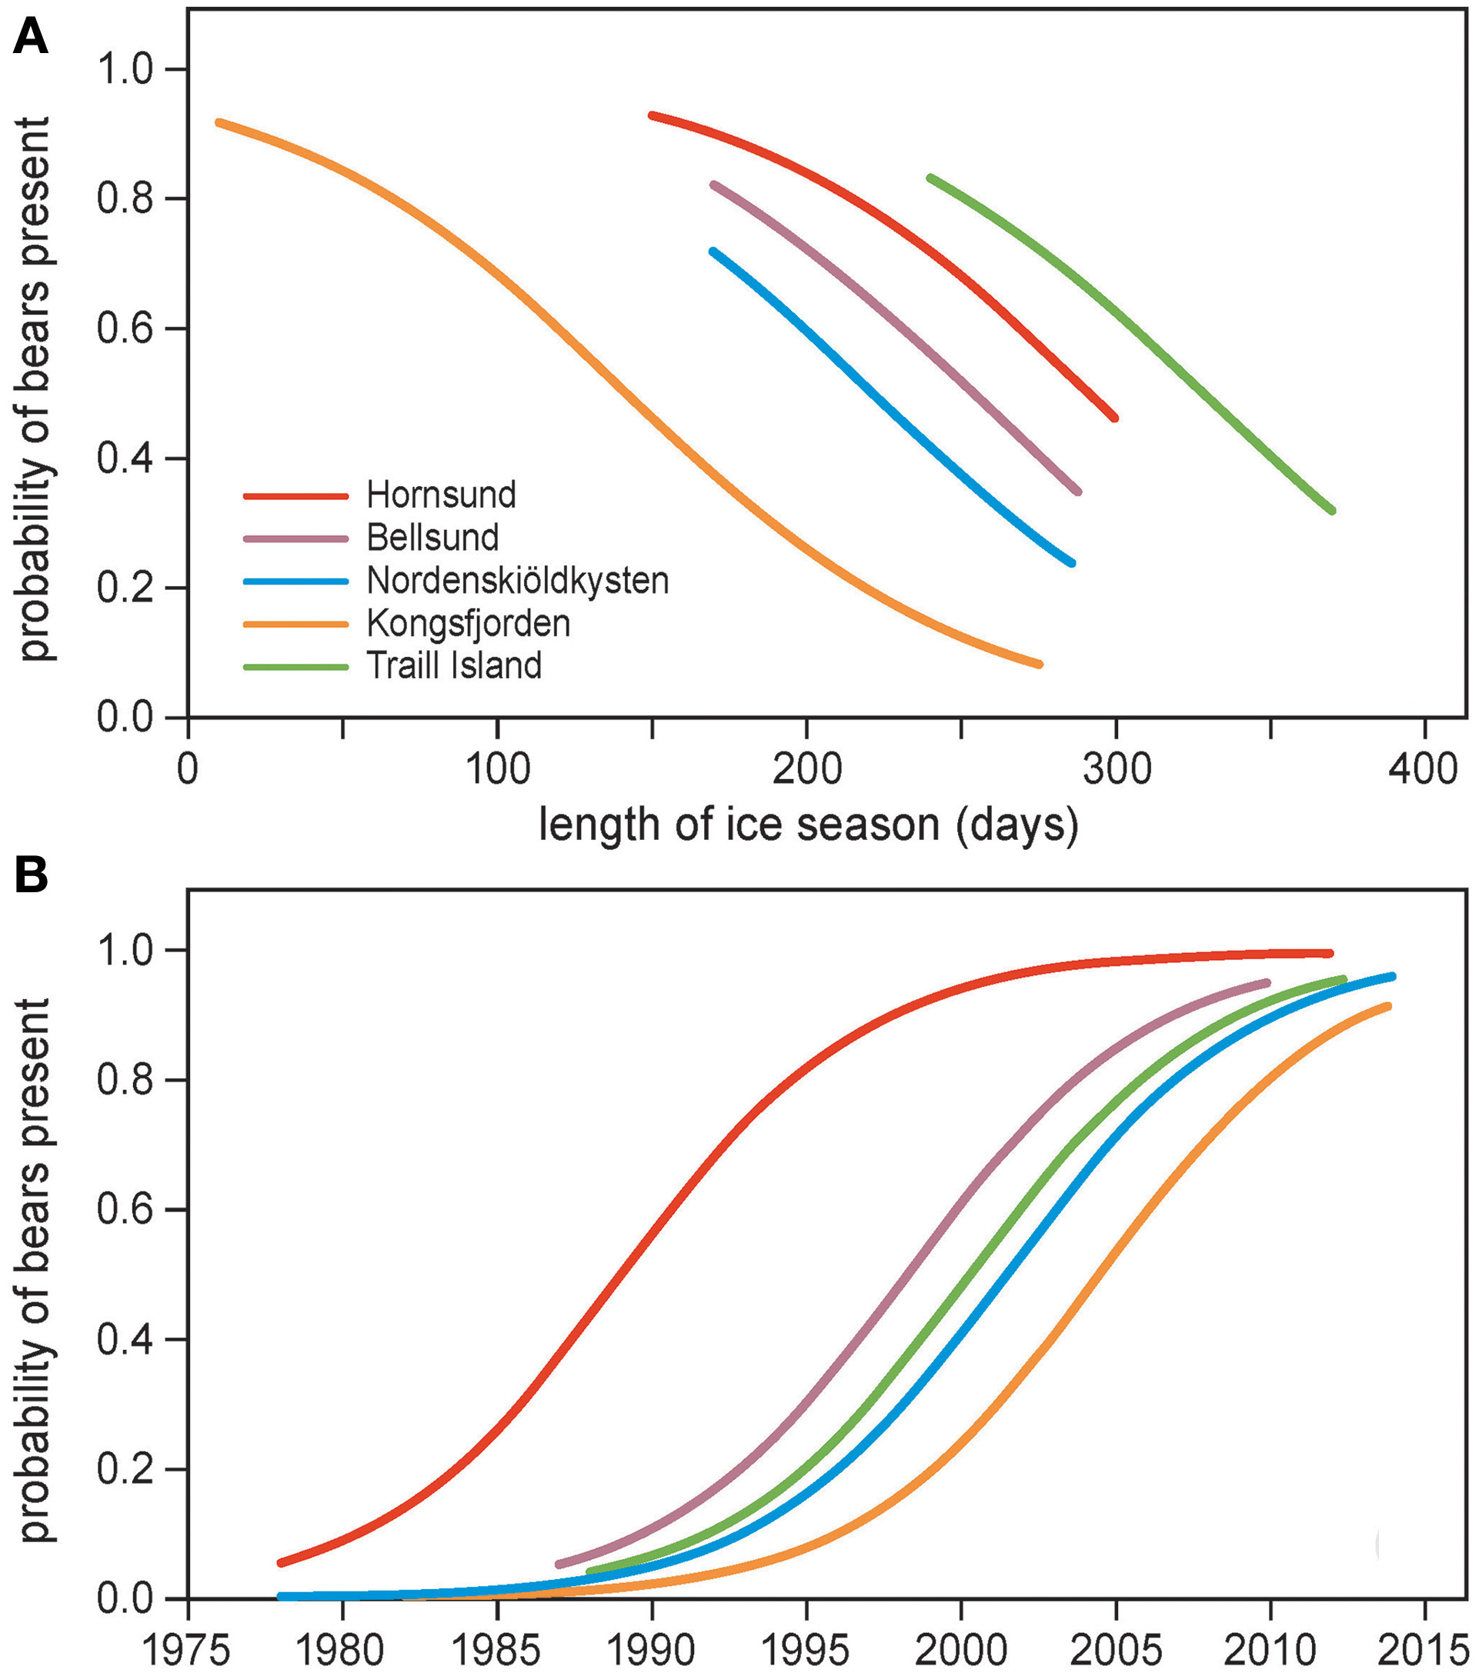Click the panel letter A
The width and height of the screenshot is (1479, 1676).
[29, 38]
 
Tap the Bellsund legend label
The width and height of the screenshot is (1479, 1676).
[432, 538]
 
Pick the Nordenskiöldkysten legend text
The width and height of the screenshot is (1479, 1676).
[517, 581]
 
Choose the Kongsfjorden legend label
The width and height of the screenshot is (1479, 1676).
[468, 623]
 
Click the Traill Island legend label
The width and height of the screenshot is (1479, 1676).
[453, 666]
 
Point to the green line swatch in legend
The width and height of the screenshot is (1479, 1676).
[296, 667]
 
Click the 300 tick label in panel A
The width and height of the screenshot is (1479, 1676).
[1116, 769]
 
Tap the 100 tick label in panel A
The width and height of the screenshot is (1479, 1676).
[497, 769]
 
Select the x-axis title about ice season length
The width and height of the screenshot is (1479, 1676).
[808, 825]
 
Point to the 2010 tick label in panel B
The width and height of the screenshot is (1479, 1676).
[1270, 1651]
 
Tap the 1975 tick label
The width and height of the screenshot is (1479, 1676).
[189, 1651]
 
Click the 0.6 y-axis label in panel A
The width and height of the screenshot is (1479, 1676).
[125, 328]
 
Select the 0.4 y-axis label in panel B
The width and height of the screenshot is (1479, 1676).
[125, 1340]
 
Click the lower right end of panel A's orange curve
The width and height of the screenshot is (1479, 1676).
[1039, 663]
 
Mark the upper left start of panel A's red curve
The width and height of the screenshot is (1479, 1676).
[652, 115]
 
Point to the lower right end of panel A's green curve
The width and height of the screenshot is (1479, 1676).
[1331, 510]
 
